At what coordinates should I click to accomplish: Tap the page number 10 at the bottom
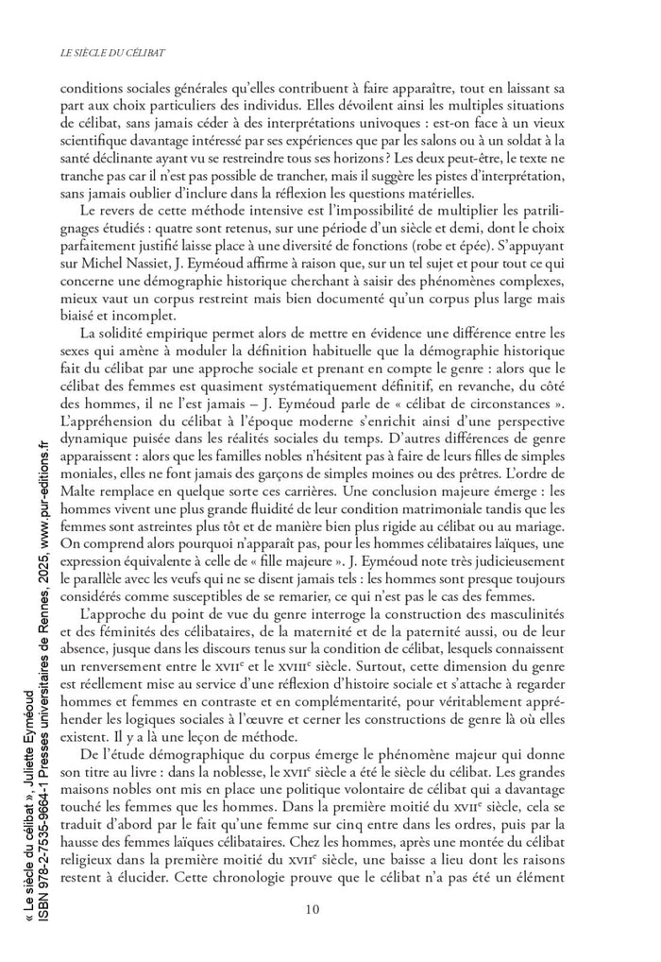[314, 909]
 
